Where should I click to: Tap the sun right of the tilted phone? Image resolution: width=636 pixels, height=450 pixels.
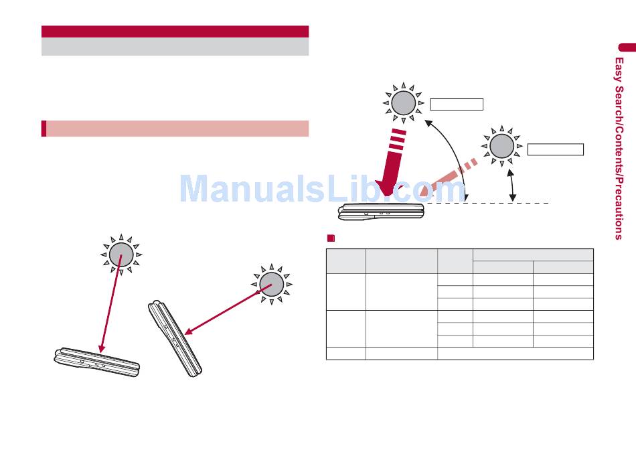271,284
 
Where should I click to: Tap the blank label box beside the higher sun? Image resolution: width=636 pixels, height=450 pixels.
456,104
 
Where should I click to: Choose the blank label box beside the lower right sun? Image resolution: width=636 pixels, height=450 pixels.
555,149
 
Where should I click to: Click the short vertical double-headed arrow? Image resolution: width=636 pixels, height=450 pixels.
513,185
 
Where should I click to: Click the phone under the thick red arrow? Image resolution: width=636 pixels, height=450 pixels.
380,212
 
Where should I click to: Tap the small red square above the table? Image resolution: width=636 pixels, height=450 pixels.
330,238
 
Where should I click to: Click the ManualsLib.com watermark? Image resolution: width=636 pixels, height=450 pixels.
321,190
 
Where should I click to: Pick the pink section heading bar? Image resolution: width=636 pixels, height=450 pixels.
175,129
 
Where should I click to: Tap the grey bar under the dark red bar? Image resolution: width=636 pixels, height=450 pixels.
175,46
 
